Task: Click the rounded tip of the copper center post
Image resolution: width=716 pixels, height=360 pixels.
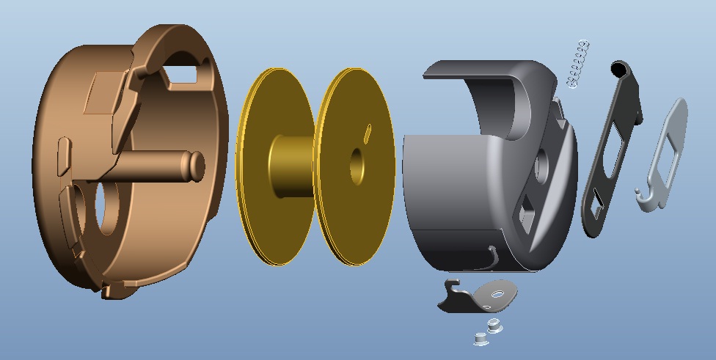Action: [x=196, y=165]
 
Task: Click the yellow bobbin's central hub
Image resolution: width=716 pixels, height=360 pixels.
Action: [x=290, y=166]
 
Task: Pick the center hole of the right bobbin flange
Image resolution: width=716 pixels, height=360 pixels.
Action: [x=357, y=166]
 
